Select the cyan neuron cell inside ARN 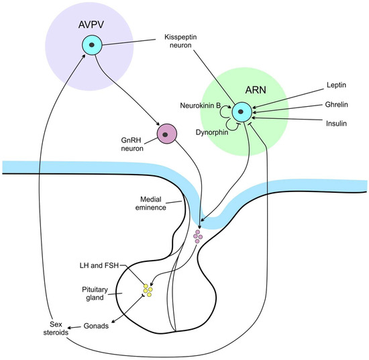click(x=242, y=111)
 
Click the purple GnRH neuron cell click(x=166, y=134)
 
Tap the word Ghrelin click(x=325, y=105)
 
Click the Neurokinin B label click(x=203, y=105)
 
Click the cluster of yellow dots click(x=146, y=289)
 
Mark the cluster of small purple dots click(x=199, y=236)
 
